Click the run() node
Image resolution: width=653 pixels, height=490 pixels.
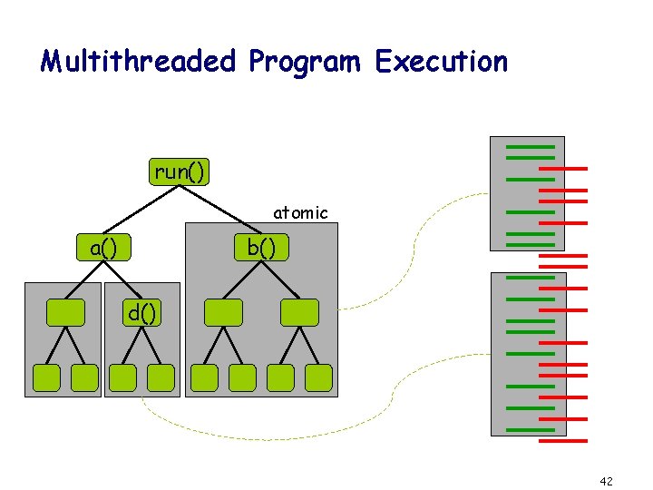coord(180,171)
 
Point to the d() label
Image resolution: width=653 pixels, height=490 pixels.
coord(141,314)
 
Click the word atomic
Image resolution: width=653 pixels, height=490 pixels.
coord(300,213)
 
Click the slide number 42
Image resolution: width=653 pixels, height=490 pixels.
coord(606,480)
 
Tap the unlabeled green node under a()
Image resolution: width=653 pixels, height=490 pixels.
coord(64,312)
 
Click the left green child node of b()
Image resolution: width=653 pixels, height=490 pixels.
coord(223,312)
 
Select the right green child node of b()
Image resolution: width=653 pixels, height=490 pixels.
coord(299,312)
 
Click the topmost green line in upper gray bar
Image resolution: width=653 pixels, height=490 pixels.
coord(530,146)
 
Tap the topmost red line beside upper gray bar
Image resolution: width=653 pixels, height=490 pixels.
coord(563,169)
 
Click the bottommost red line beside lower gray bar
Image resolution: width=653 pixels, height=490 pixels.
coord(563,441)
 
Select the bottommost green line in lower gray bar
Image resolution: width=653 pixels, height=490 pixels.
coord(530,429)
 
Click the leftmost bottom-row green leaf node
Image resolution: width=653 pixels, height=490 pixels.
coord(45,377)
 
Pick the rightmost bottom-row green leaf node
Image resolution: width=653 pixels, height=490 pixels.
coord(318,377)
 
